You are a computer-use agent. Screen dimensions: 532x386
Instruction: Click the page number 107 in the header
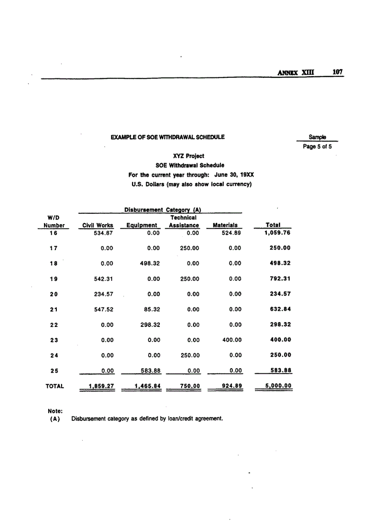337,72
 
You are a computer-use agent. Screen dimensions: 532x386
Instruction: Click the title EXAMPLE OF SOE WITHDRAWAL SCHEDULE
167,137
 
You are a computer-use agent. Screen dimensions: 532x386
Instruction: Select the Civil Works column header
98,225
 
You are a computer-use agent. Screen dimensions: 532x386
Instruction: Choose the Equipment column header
141,225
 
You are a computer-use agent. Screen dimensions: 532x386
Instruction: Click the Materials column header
225,225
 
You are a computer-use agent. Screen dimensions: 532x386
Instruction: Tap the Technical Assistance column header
184,222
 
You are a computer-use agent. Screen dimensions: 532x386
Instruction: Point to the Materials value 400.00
232,339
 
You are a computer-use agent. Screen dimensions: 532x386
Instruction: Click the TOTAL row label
54,386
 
